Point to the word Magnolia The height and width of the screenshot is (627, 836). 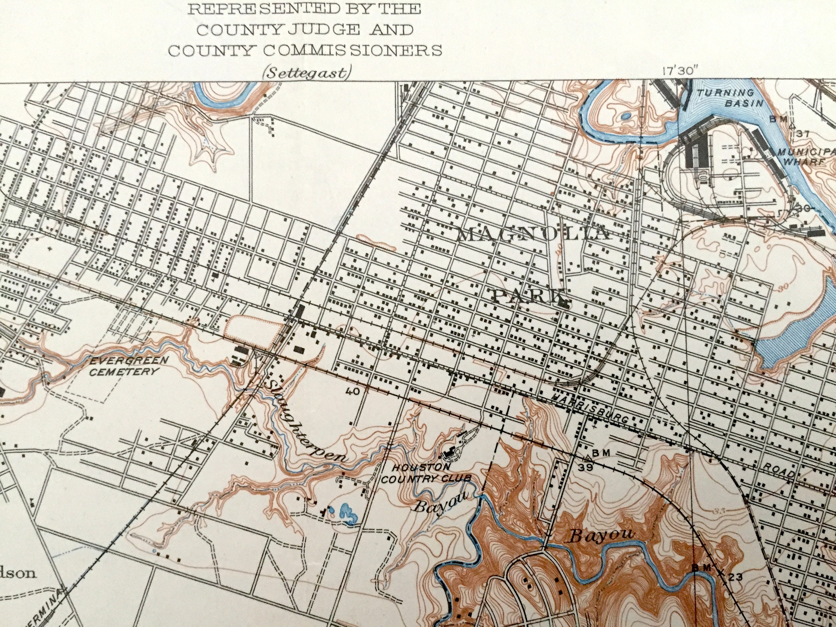pos(534,235)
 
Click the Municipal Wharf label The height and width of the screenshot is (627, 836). pos(805,157)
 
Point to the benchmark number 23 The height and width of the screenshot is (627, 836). pos(726,577)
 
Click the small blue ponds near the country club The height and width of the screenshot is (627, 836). pos(346,513)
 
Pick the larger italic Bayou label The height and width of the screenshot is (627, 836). pos(601,536)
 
